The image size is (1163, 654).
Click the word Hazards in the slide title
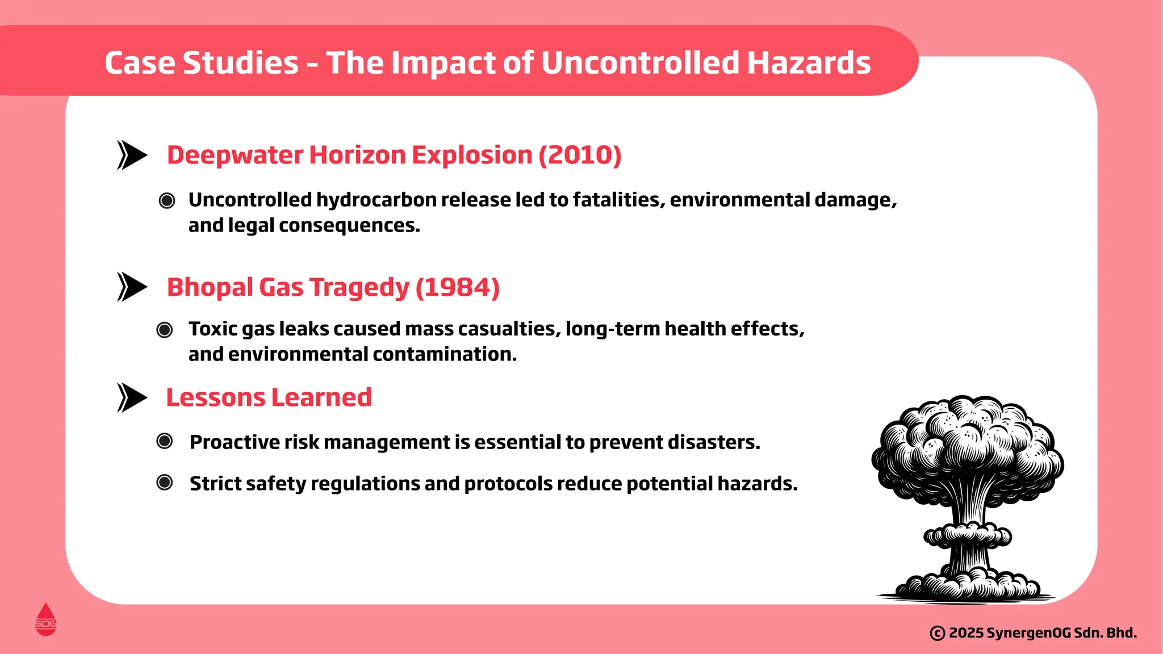809,62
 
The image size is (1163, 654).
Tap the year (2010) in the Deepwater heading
580,155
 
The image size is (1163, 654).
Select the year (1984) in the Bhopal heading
458,287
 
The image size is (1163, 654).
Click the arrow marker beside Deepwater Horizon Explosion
132,155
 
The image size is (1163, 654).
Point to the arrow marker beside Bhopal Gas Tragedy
132,287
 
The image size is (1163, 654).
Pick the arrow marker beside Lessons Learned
132,397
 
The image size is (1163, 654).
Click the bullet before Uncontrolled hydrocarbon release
167,200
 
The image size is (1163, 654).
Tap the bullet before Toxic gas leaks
165,329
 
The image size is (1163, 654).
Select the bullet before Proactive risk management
165,441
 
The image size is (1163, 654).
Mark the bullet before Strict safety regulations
165,483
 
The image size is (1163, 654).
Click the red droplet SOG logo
46,620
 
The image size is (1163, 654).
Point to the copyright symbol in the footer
938,633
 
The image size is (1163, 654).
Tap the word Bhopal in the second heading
210,287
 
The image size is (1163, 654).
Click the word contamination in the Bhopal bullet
444,354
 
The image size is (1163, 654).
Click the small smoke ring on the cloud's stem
968,535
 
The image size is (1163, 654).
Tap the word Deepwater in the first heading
235,155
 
